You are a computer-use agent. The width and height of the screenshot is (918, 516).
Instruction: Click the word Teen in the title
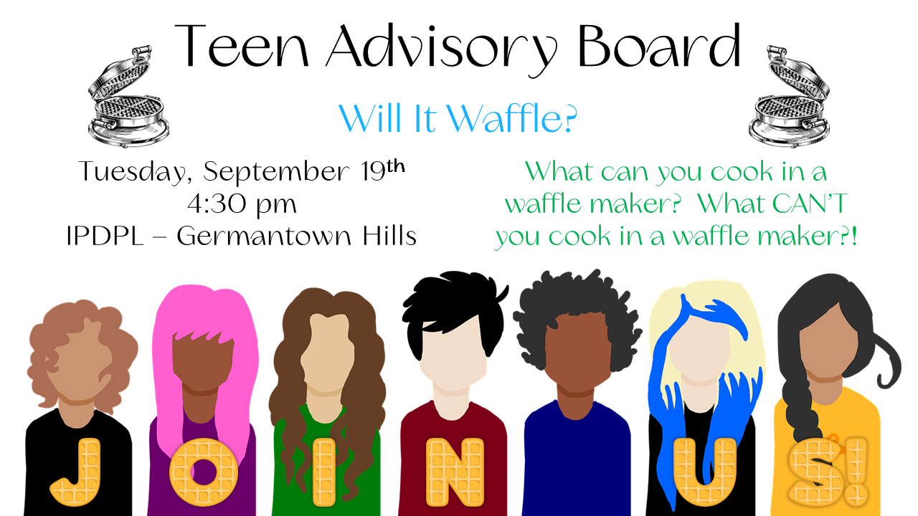(242, 46)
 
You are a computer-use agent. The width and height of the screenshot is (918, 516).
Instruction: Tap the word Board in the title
(660, 45)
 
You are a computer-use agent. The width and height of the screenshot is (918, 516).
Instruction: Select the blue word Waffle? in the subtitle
(512, 118)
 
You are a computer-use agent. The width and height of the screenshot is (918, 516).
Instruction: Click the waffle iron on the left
(128, 97)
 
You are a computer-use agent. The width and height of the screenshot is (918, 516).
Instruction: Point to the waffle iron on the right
(790, 97)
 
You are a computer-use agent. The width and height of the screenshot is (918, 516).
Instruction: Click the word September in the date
(276, 172)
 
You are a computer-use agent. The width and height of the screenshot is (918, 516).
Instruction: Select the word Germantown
(264, 236)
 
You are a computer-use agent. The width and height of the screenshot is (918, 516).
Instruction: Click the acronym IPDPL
(105, 236)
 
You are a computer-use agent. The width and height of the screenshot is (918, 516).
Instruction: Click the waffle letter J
(77, 472)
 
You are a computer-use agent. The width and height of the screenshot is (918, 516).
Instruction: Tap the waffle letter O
(204, 472)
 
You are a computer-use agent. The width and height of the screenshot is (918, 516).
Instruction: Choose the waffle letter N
(455, 472)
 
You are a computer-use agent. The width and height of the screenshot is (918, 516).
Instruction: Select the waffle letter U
(705, 472)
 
